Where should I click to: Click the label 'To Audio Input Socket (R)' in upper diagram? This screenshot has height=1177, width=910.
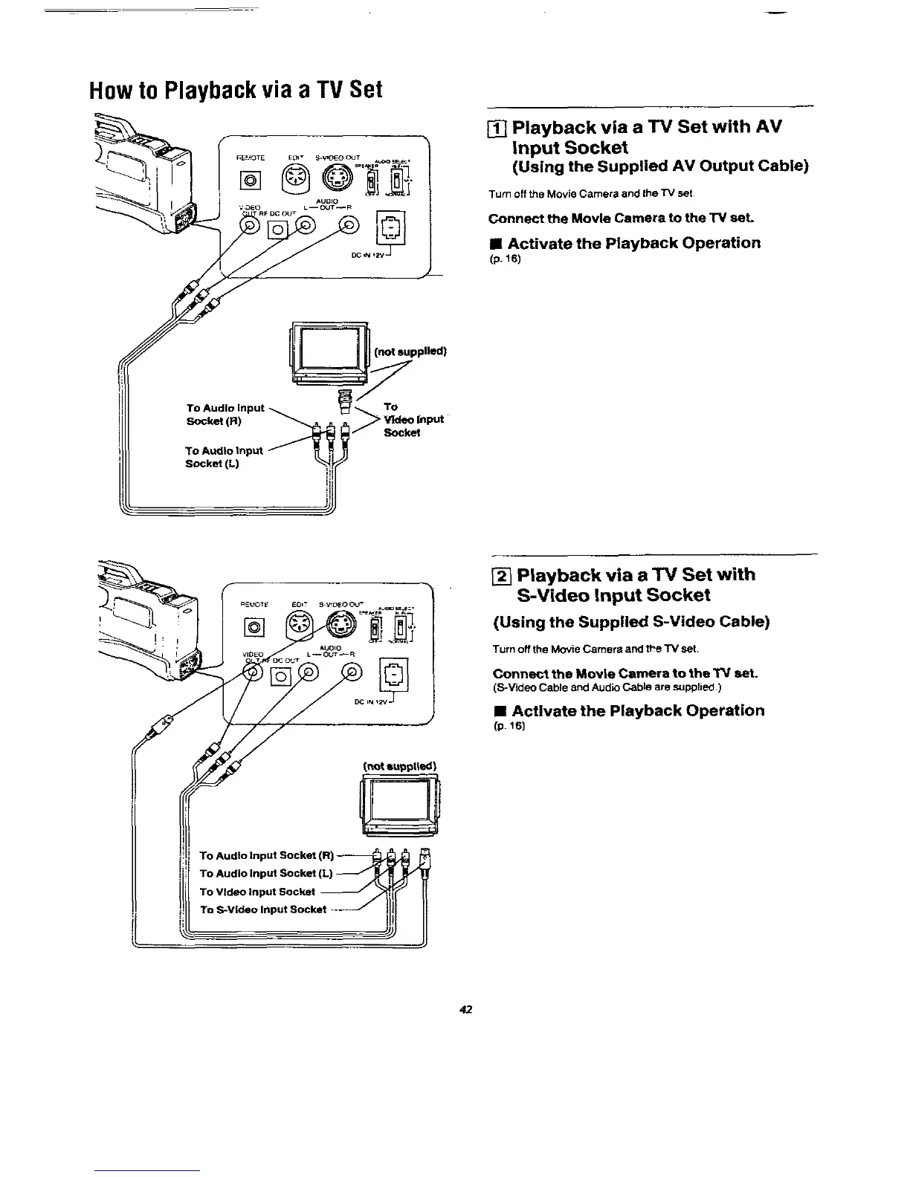point(225,415)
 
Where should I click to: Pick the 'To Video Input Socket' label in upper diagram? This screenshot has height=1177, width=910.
point(413,420)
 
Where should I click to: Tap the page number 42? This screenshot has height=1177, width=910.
point(466,1009)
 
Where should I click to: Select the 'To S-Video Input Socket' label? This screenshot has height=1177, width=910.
point(263,909)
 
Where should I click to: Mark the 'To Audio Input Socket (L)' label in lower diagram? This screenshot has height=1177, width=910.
point(266,873)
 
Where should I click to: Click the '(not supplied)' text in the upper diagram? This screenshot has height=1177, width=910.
point(410,351)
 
